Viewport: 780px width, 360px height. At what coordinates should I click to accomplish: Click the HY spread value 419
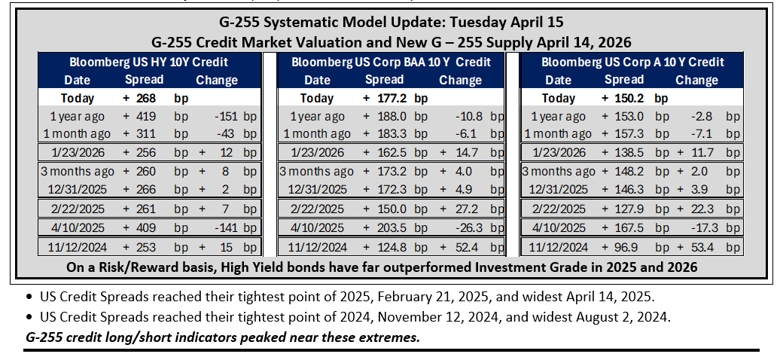pos(146,117)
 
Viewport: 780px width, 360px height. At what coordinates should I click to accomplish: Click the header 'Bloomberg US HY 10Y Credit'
pos(149,63)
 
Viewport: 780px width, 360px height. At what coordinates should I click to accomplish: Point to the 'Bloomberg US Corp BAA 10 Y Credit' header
pos(391,63)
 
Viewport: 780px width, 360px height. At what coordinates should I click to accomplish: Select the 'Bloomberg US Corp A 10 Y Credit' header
pos(632,63)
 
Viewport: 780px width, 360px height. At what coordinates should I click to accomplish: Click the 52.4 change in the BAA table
pos(466,247)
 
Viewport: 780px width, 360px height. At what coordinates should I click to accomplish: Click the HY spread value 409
pos(146,227)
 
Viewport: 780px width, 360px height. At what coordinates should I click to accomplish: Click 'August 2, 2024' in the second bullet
pos(627,316)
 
